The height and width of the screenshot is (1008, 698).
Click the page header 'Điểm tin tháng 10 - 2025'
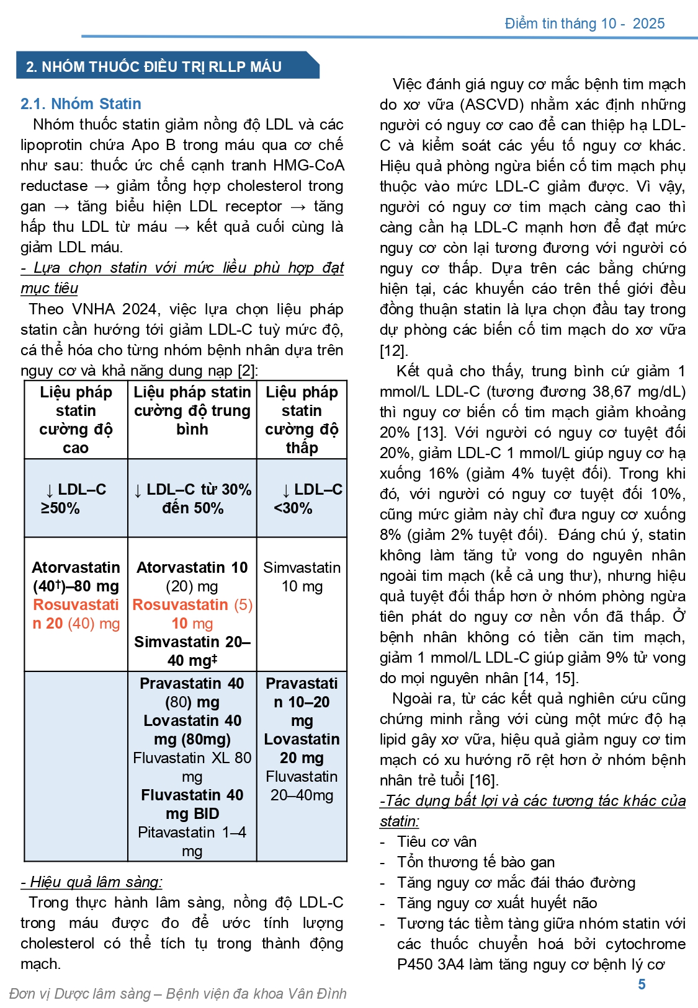point(584,24)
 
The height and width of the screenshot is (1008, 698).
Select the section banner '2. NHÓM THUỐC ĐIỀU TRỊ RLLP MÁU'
point(154,66)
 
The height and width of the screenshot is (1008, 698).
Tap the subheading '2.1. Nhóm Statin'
point(81,104)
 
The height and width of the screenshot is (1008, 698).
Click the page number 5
point(642,984)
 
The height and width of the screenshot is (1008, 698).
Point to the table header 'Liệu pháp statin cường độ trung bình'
point(192,410)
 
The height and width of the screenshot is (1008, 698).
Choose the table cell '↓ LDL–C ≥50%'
point(76,498)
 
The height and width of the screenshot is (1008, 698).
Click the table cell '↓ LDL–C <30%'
point(302,498)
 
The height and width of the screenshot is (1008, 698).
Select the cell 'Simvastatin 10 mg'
point(302,577)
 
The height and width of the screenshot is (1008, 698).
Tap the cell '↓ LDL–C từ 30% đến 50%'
point(192,498)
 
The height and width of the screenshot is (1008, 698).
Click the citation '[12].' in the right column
point(394,350)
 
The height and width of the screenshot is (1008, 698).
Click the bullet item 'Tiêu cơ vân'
point(437,841)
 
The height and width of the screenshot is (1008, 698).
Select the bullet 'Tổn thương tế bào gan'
point(476,862)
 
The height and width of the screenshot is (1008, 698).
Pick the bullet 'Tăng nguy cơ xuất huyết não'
point(497,903)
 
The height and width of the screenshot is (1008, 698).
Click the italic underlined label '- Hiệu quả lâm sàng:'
point(92,882)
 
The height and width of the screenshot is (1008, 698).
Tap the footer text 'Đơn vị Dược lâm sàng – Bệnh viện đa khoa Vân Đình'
point(178,993)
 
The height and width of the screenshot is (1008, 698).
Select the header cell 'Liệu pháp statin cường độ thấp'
point(302,420)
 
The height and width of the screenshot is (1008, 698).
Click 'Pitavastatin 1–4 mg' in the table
point(192,841)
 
